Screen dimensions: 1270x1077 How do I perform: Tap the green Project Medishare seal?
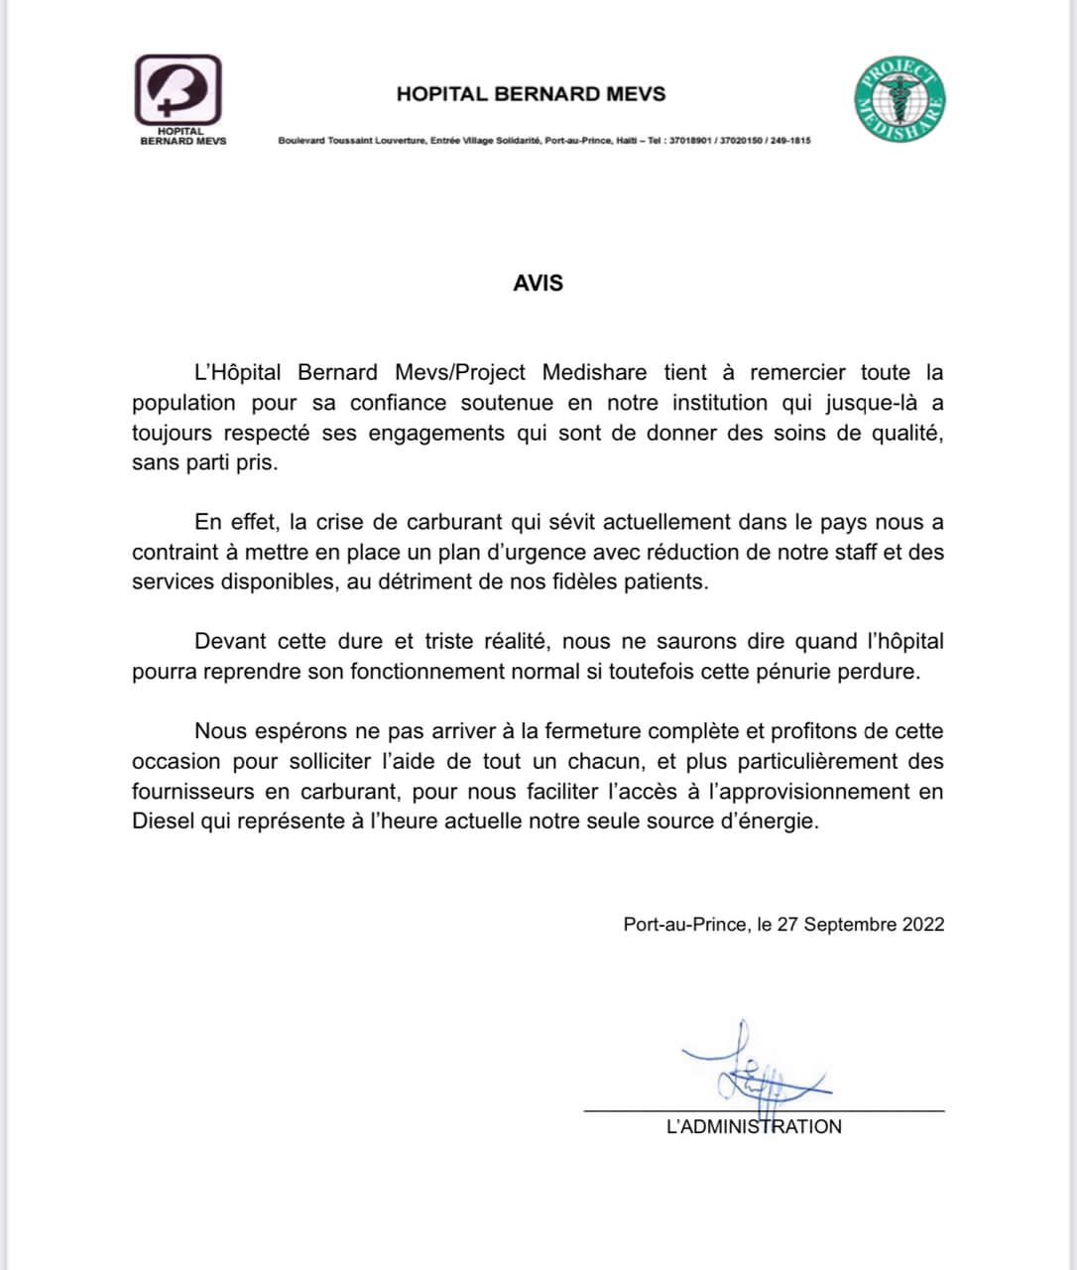point(899,99)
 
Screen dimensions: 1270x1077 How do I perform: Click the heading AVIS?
point(538,283)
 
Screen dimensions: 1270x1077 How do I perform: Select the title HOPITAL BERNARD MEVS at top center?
point(531,94)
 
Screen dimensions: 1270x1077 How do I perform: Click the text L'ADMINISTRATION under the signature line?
point(754,1126)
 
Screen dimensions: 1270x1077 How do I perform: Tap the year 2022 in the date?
point(922,924)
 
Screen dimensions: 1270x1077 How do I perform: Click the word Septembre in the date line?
point(850,924)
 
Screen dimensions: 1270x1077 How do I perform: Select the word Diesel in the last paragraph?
point(163,822)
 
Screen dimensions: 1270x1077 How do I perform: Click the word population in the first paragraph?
point(183,403)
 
